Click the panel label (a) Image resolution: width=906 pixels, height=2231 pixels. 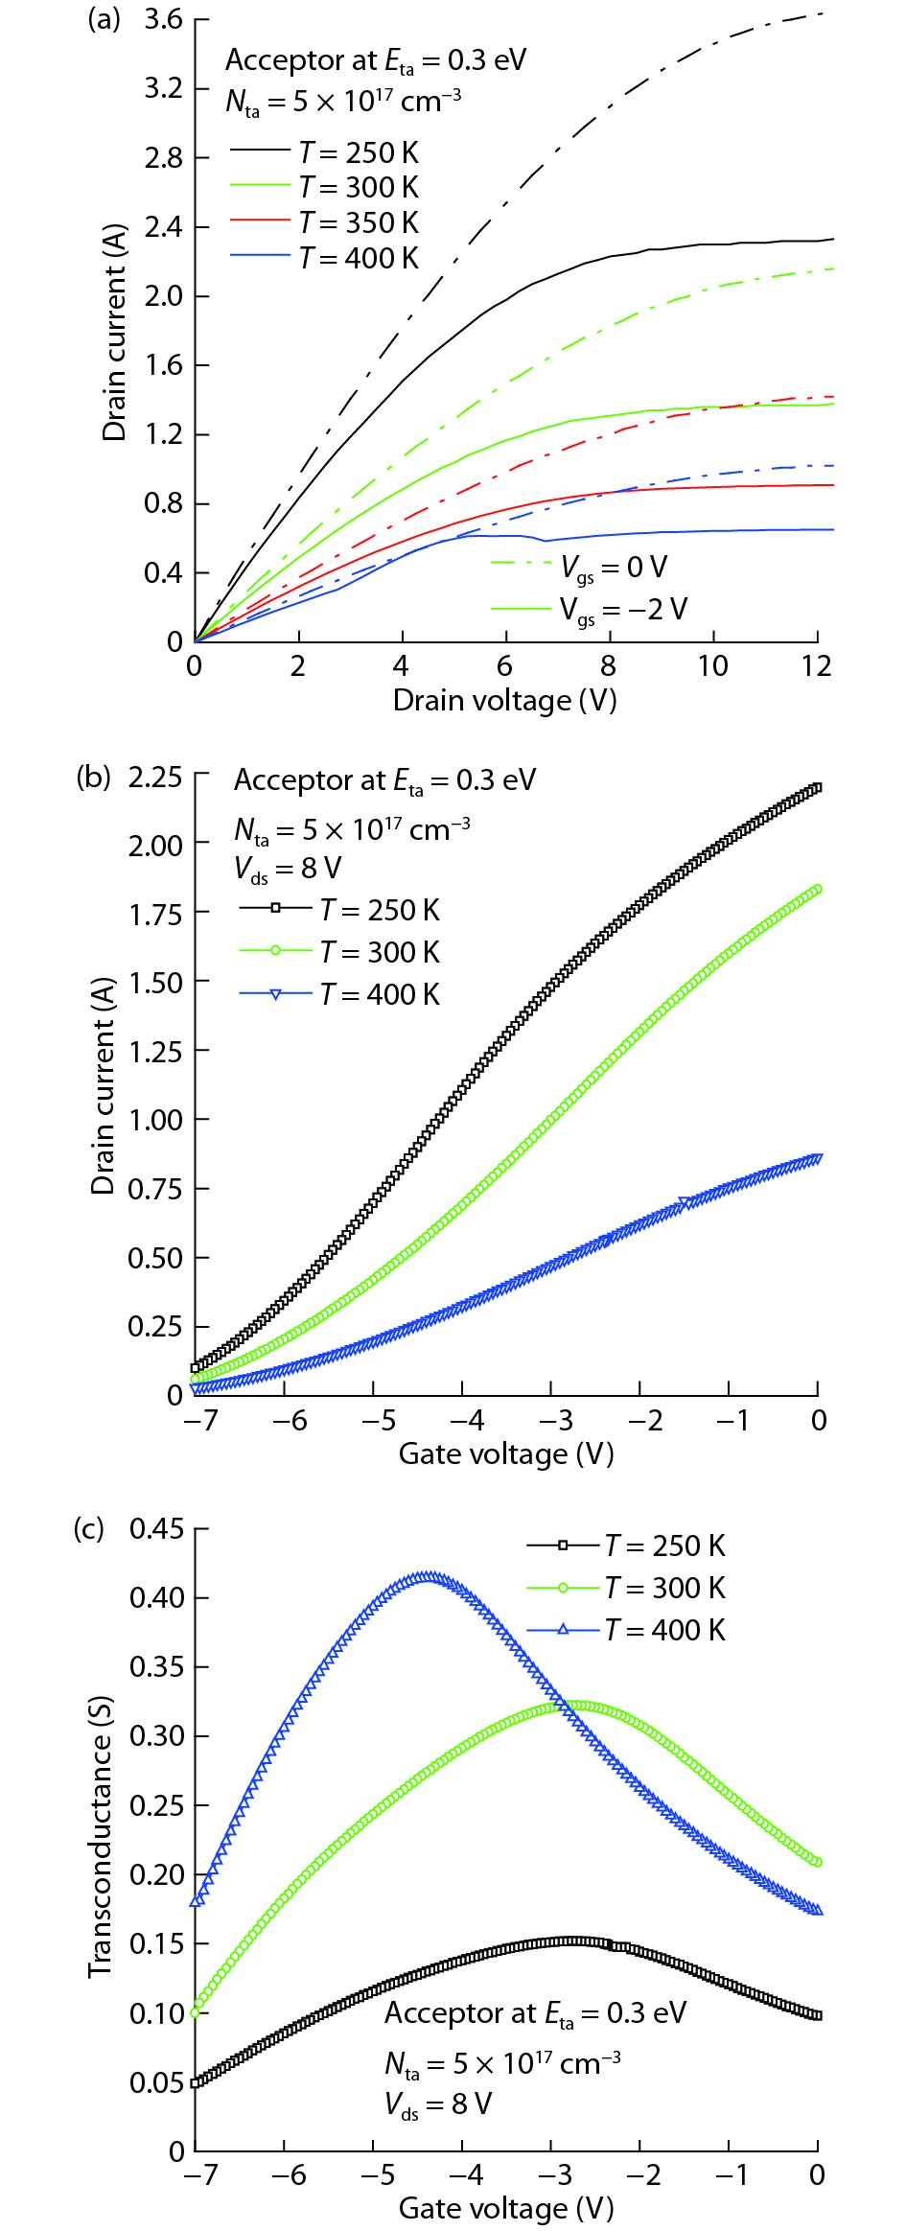pyautogui.click(x=104, y=19)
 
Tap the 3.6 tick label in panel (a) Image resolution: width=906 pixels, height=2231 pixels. pyautogui.click(x=163, y=20)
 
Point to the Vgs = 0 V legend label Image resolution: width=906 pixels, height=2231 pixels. pyautogui.click(x=614, y=568)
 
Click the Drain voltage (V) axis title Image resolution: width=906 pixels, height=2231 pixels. pyautogui.click(x=504, y=701)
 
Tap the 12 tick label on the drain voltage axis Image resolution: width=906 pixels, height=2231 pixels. pyautogui.click(x=817, y=666)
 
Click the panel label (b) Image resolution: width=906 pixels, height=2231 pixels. pyautogui.click(x=94, y=777)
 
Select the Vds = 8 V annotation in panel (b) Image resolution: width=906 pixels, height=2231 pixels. pyautogui.click(x=288, y=869)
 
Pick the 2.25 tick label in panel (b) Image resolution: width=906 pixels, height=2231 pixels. pyautogui.click(x=155, y=778)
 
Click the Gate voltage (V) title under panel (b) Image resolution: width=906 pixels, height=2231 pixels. pyautogui.click(x=506, y=1454)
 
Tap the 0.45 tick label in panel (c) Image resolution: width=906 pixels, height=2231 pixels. pyautogui.click(x=156, y=1528)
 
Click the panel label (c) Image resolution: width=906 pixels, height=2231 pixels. pyautogui.click(x=89, y=1528)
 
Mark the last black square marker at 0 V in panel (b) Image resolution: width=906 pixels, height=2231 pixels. pyautogui.click(x=817, y=788)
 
